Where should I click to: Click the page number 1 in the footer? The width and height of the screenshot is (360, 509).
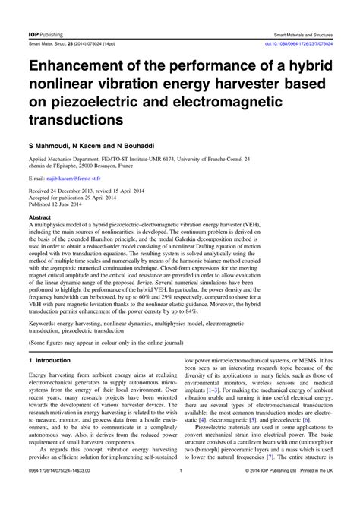pos(180,495)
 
